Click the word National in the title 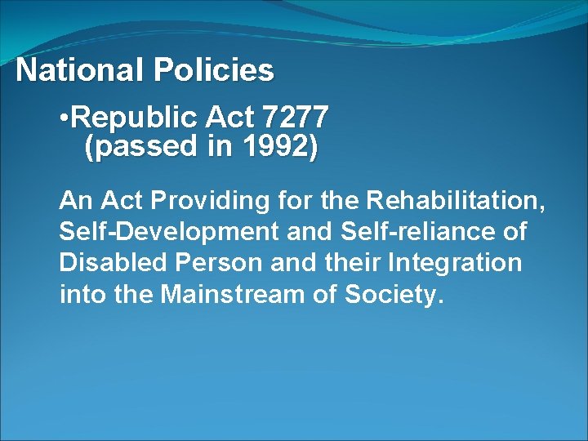click(x=78, y=71)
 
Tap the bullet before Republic click(x=65, y=119)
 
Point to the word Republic click(x=132, y=119)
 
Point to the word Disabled click(x=109, y=263)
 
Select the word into click(x=79, y=294)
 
